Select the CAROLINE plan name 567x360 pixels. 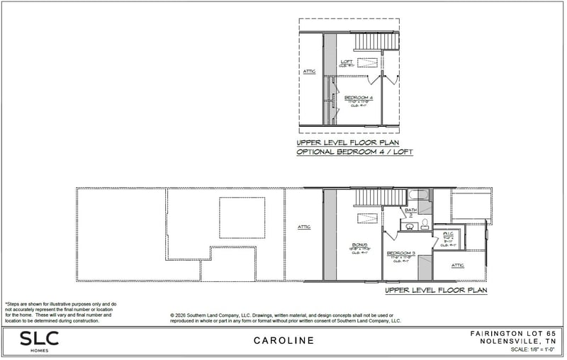pyautogui.click(x=283, y=341)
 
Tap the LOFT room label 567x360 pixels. pyautogui.click(x=347, y=62)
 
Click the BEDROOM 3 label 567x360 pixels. pyautogui.click(x=400, y=253)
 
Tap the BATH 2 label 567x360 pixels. pyautogui.click(x=410, y=211)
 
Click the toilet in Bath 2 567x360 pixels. pyautogui.click(x=424, y=224)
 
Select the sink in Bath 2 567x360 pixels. pyautogui.click(x=409, y=225)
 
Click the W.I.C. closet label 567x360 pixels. pyautogui.click(x=448, y=233)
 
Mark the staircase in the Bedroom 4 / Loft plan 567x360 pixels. pyautogui.click(x=368, y=42)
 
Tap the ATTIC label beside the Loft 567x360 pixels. pyautogui.click(x=310, y=72)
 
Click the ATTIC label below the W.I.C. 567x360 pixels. pyautogui.click(x=457, y=266)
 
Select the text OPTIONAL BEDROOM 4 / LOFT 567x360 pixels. pyautogui.click(x=354, y=152)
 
